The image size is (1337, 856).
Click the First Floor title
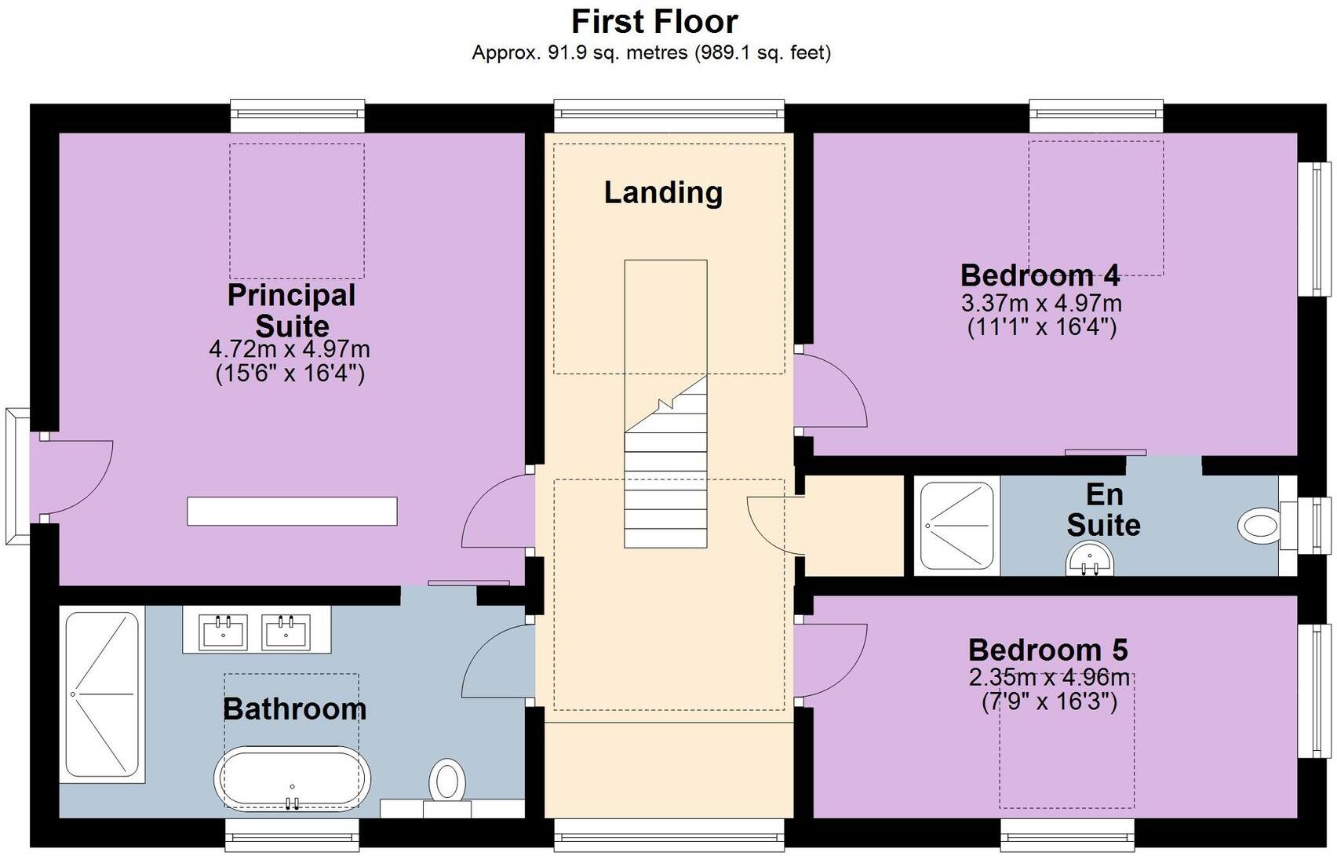pyautogui.click(x=654, y=22)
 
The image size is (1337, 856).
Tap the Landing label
pyautogui.click(x=663, y=192)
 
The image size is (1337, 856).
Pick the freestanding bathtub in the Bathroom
pyautogui.click(x=292, y=778)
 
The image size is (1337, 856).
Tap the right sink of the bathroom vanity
pyautogui.click(x=284, y=631)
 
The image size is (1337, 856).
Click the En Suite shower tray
pyautogui.click(x=956, y=526)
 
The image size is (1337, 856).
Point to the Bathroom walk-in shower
pyautogui.click(x=102, y=695)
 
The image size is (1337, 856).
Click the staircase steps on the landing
pyautogui.click(x=665, y=486)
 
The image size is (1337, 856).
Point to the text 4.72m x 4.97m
pyautogui.click(x=289, y=349)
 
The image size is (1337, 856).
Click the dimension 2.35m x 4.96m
pyautogui.click(x=1049, y=677)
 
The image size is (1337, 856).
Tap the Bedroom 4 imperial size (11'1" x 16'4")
pyautogui.click(x=1041, y=326)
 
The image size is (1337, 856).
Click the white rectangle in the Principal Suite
pyautogui.click(x=292, y=511)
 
